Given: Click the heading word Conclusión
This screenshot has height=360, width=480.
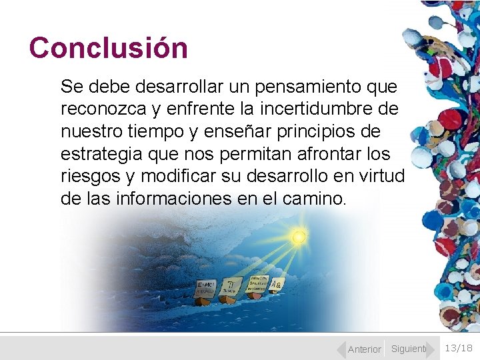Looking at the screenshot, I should click(109, 48).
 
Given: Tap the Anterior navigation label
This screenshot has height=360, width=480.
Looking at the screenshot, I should click(365, 349).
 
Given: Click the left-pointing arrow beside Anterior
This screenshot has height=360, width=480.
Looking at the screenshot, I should click(341, 349).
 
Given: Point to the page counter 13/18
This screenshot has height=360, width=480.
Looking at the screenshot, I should click(458, 347).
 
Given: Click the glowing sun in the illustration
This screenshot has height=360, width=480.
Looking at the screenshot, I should click(299, 237).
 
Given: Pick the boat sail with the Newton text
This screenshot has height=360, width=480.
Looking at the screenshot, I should click(259, 282).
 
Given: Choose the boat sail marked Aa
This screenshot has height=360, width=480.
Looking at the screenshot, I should click(276, 285).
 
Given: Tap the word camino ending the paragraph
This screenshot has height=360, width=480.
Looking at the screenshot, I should click(318, 198).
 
